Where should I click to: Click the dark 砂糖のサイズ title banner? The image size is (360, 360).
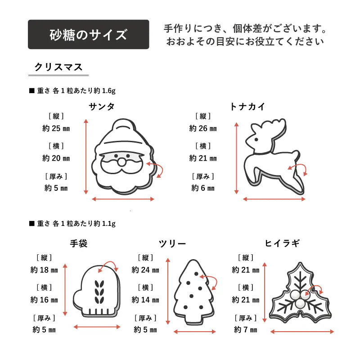pos(88,35)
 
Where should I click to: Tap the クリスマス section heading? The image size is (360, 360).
pos(58,67)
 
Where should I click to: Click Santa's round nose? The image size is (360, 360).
pos(121,162)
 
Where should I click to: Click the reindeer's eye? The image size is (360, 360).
pos(256,139)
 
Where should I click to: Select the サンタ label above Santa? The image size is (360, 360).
pos(102,107)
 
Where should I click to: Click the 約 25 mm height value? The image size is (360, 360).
pos(56,128)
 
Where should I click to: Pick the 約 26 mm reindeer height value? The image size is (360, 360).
pos(203,128)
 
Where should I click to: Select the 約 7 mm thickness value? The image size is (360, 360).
pos(246,330)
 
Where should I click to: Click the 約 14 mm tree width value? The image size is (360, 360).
pos(145,300)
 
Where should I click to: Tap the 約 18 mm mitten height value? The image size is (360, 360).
pos(44,270)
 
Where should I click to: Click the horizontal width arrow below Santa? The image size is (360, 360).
pos(123,199)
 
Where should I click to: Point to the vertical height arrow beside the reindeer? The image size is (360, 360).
pos(237,158)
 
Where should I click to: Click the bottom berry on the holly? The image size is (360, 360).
pos(300,304)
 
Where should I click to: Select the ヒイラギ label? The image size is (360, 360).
pos(283,243)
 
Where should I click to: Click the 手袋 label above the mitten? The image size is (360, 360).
pos(79,243)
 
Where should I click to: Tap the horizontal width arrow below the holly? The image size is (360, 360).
pos(302,332)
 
